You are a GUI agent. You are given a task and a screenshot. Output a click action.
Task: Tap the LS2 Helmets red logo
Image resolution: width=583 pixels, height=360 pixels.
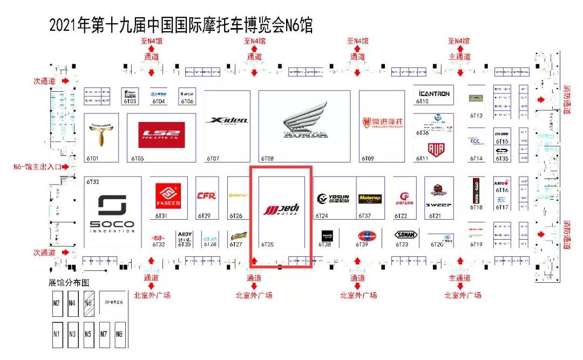(161, 135)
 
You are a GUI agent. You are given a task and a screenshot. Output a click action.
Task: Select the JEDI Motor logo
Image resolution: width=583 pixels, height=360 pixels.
(281, 209)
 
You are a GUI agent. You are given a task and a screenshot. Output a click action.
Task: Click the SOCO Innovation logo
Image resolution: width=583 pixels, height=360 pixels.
(112, 213)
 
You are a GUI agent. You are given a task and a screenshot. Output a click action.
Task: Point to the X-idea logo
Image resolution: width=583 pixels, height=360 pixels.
(227, 120)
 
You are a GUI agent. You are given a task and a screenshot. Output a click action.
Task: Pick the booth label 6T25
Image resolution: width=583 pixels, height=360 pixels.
(267, 244)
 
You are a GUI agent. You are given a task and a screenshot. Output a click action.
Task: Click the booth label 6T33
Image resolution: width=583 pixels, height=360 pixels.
(92, 182)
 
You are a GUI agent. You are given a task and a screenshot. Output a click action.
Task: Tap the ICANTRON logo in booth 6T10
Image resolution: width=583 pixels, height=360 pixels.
(433, 93)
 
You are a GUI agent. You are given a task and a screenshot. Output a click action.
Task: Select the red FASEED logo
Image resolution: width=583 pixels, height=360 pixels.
(167, 196)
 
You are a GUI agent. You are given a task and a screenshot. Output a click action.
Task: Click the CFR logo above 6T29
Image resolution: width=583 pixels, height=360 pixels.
(207, 196)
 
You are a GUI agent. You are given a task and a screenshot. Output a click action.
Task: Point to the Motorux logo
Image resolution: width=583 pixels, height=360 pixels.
(370, 199)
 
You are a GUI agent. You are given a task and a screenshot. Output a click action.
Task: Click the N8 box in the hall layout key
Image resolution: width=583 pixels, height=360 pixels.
(119, 334)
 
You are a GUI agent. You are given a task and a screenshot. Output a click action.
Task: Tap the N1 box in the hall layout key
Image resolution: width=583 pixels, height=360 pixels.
(57, 334)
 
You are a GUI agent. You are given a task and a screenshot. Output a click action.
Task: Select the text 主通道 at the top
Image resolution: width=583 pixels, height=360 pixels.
(459, 57)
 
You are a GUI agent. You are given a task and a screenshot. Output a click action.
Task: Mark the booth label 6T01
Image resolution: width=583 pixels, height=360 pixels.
(92, 159)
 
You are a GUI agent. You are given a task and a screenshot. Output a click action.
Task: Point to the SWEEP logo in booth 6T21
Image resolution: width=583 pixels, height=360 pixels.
(436, 205)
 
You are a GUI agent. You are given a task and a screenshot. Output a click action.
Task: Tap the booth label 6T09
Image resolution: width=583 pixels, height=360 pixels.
(368, 159)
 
